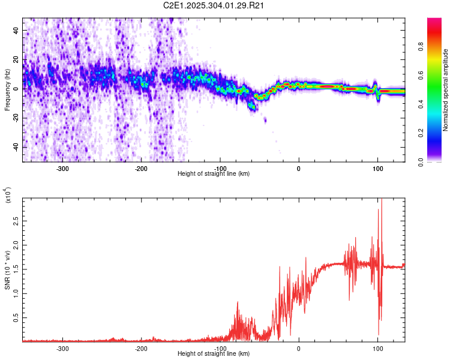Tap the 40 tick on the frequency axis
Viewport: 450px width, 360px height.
17,29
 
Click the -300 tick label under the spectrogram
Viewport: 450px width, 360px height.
63,169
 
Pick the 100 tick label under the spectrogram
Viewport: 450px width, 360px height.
377,169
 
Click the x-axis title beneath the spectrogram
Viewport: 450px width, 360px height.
214,174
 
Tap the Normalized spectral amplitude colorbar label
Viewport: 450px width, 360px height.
446,90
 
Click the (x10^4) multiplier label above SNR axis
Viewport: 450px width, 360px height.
8,196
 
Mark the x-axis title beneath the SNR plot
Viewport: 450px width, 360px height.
214,354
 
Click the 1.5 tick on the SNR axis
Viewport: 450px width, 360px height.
16,270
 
